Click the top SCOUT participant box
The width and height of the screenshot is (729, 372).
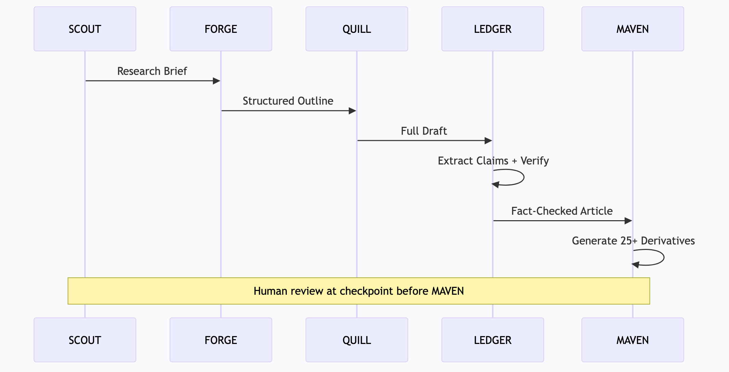point(85,29)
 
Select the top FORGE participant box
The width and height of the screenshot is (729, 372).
point(221,29)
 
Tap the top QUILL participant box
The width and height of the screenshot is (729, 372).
point(357,29)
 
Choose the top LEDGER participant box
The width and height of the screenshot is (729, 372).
point(493,29)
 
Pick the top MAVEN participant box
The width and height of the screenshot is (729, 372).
point(632,29)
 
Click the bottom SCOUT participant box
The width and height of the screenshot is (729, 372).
point(85,340)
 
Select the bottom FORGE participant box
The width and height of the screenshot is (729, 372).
point(221,340)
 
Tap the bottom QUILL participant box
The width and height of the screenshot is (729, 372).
point(357,340)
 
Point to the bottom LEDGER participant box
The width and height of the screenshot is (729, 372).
point(493,340)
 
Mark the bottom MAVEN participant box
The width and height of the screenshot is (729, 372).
point(632,340)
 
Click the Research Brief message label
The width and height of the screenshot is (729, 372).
point(152,71)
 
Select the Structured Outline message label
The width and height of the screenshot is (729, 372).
point(288,101)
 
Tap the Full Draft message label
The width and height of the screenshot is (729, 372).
point(424,131)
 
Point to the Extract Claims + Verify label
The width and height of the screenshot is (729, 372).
point(493,161)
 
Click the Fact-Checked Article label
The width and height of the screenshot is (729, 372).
point(562,211)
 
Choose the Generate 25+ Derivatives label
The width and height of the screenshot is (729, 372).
point(633,241)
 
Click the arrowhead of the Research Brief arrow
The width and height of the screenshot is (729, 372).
point(216,81)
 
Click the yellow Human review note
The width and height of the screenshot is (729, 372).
point(359,291)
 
